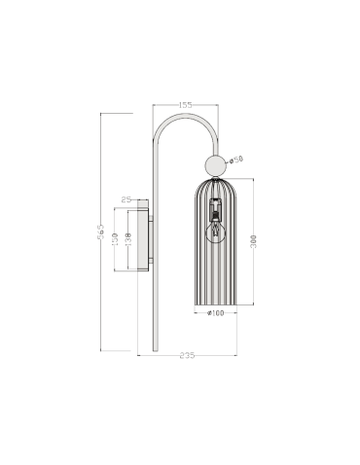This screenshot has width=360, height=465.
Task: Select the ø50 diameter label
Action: pos(237,160)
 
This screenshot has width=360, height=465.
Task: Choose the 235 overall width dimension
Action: pos(187,357)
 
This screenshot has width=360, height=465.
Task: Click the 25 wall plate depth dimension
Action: pos(126,199)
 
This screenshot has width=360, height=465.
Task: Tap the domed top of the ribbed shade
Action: pos(215,182)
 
